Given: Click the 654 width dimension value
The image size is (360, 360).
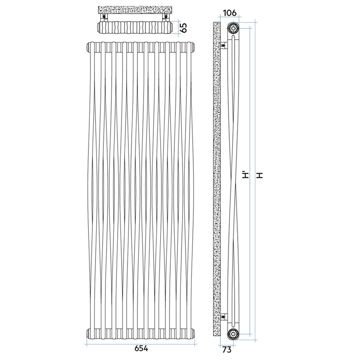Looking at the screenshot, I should coord(141,349).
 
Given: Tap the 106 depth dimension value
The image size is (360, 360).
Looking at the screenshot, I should coord(230,13).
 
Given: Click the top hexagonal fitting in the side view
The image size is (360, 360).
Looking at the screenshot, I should coord(233,28).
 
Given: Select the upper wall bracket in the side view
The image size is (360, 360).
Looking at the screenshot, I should coord(222,44).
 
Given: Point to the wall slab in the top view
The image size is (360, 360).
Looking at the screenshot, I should coord(135,9).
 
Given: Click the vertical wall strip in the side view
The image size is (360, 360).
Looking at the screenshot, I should coord(216,178).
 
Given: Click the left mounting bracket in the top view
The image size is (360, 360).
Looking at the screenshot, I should coord(104,17).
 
